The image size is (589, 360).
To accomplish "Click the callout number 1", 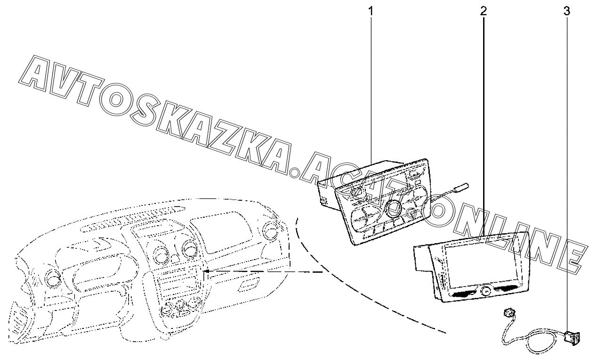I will coord(371,10).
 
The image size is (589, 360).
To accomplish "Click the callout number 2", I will coord(484,10).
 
